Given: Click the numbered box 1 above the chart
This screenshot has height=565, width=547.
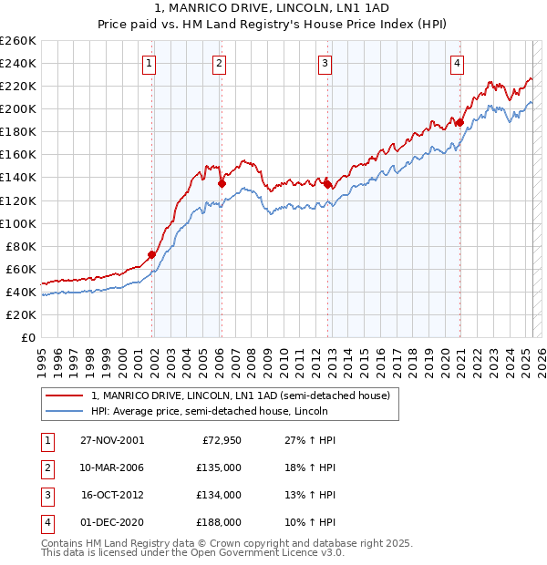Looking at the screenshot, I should point(149,63).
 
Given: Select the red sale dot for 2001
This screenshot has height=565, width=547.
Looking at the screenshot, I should point(152,254).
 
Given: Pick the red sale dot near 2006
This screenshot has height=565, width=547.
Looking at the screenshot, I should point(222,182).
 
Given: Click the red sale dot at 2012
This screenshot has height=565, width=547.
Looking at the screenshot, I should point(327,183).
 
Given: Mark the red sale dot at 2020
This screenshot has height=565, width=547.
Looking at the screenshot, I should point(460,122).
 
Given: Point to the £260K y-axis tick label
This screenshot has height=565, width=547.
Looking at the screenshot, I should point(18,40).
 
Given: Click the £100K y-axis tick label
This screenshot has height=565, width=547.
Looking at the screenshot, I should point(18,223).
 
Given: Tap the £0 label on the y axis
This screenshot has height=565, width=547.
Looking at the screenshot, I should point(27,337).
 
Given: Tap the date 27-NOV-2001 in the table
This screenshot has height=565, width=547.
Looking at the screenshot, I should point(112,439).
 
